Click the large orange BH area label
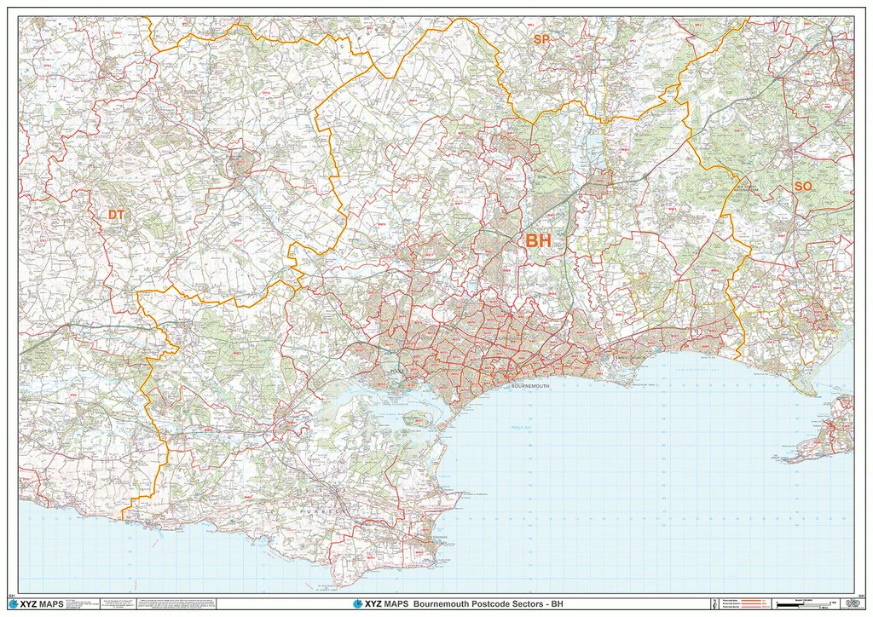[538, 241]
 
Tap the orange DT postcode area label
[116, 216]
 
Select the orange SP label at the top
[541, 40]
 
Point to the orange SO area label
[803, 186]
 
